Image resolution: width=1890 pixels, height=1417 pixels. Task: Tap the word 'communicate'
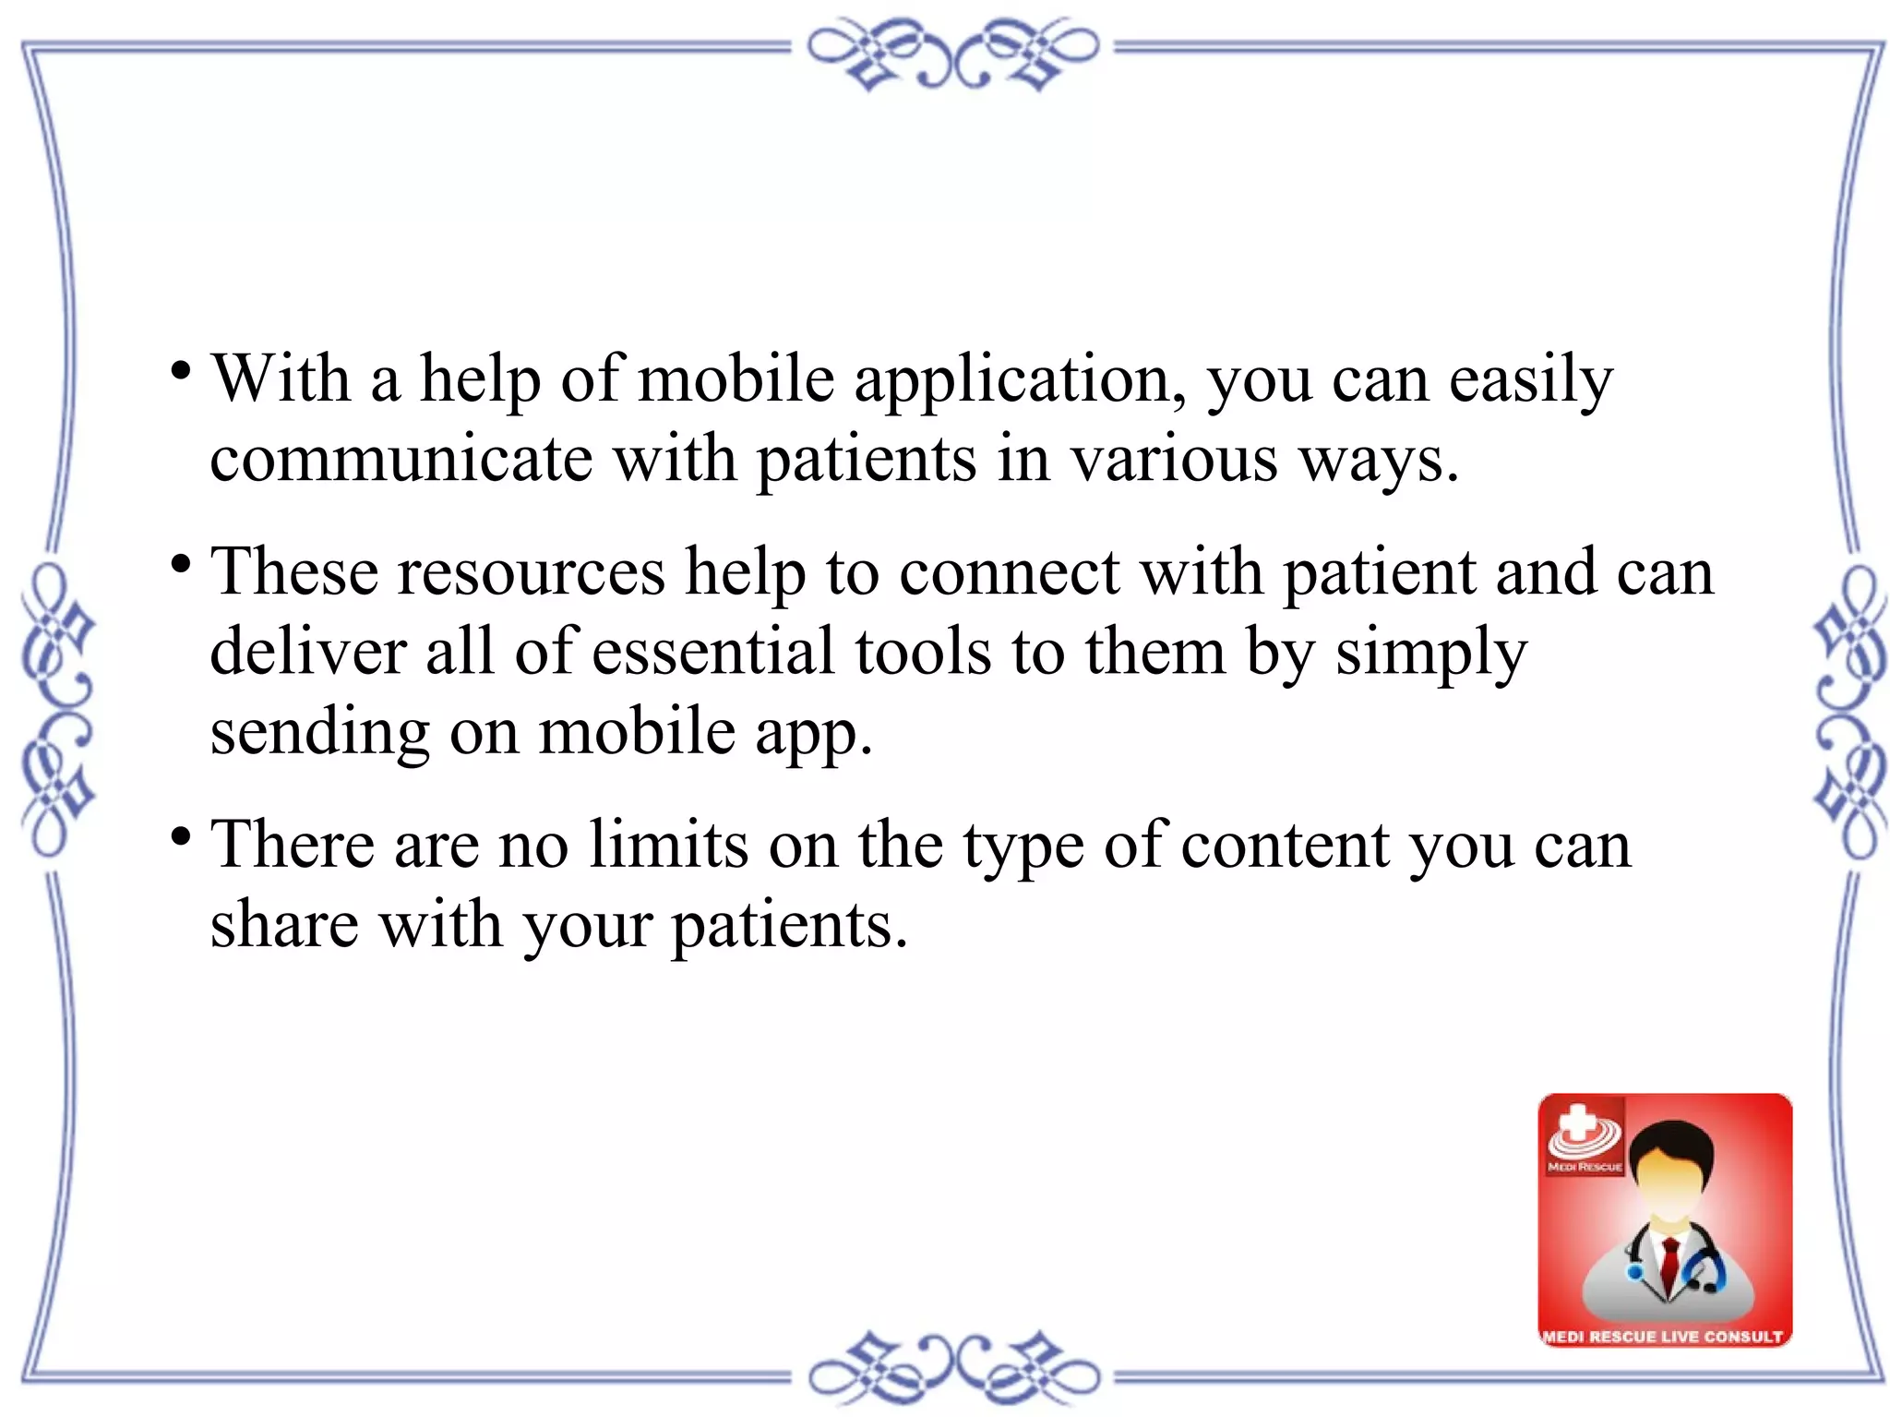pos(401,459)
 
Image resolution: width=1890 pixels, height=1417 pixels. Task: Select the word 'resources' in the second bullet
pos(531,572)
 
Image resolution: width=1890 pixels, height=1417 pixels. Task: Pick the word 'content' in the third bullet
pos(1285,845)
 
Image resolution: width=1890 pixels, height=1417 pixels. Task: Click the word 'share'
pos(284,924)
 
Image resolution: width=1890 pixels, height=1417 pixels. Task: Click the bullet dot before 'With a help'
pos(181,372)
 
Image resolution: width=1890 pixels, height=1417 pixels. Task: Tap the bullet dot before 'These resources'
pos(181,564)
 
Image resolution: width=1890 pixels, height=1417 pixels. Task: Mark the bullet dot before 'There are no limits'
pos(181,837)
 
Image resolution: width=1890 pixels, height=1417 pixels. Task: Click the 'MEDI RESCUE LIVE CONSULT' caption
pos(1663,1336)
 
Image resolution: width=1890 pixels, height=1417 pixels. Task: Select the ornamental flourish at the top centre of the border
pos(952,54)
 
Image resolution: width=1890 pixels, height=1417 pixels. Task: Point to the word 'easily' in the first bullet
pos(1530,380)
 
